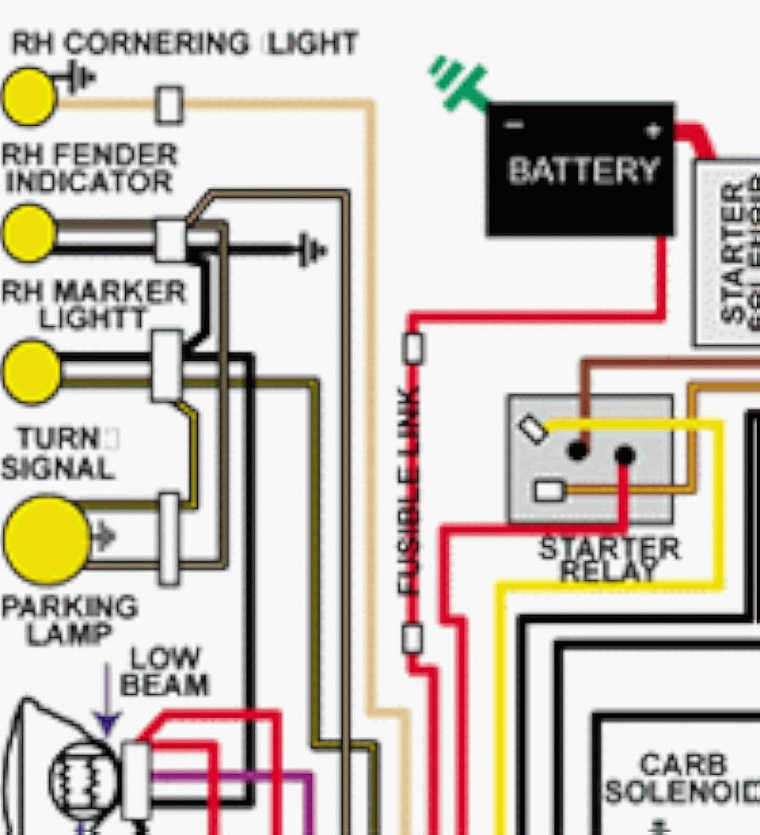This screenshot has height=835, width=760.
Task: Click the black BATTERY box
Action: click(581, 170)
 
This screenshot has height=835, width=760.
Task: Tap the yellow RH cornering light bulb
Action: click(29, 97)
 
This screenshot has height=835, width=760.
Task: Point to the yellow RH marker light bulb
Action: click(31, 372)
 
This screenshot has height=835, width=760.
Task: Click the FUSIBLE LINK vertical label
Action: click(410, 490)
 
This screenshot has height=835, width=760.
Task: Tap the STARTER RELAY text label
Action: click(610, 559)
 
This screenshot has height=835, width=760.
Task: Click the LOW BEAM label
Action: click(165, 671)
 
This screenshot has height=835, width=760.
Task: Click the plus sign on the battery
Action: click(652, 130)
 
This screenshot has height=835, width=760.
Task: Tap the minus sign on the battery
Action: click(513, 126)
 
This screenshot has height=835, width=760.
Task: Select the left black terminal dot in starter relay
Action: click(578, 449)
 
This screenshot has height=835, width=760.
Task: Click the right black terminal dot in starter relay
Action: click(625, 455)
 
